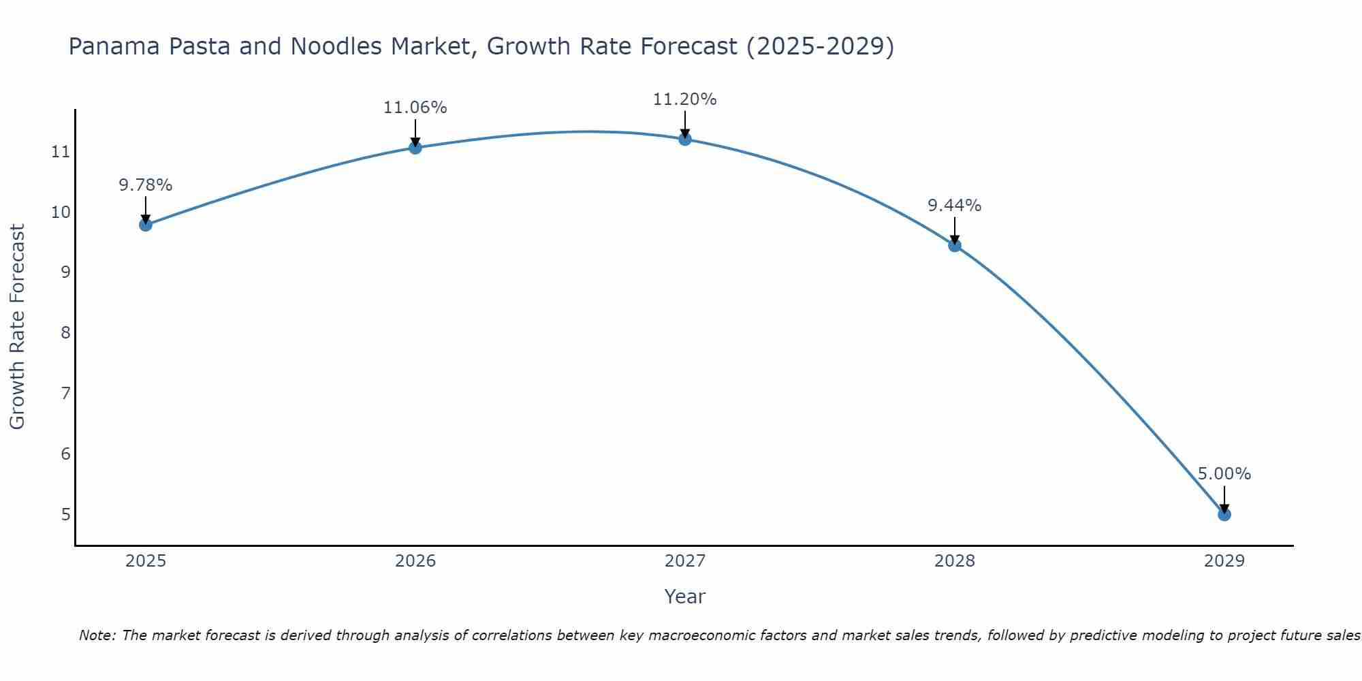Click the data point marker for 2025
coord(146,225)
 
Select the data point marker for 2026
coord(415,147)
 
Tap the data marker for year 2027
coord(685,139)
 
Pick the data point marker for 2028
coord(955,245)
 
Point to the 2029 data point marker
coord(1224,514)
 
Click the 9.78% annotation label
coord(146,185)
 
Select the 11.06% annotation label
coord(415,108)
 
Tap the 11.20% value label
coord(685,99)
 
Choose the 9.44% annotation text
coord(955,206)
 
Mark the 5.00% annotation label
coord(1224,474)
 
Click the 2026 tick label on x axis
coord(415,561)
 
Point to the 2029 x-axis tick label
coord(1224,561)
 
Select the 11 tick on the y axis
coord(61,152)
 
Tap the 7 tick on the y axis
coord(65,394)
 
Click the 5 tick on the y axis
coord(65,514)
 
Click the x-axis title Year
coord(685,597)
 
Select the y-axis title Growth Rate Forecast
coord(18,327)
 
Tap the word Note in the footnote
coord(97,635)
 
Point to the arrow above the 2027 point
coord(685,124)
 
